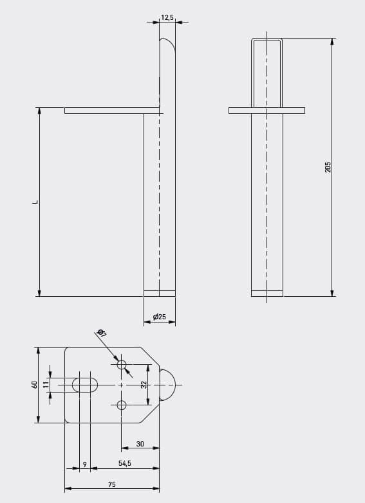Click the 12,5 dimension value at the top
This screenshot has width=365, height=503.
point(167,17)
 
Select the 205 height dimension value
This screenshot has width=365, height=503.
point(328,167)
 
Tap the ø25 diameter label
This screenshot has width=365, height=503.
point(160,317)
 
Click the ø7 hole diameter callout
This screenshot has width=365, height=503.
point(102,333)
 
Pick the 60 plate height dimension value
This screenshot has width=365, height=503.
point(35,384)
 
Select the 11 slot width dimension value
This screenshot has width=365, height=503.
point(46,384)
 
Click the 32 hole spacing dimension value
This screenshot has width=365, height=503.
point(144,385)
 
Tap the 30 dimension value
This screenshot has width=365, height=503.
point(140,444)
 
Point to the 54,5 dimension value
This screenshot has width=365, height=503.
point(125,463)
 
